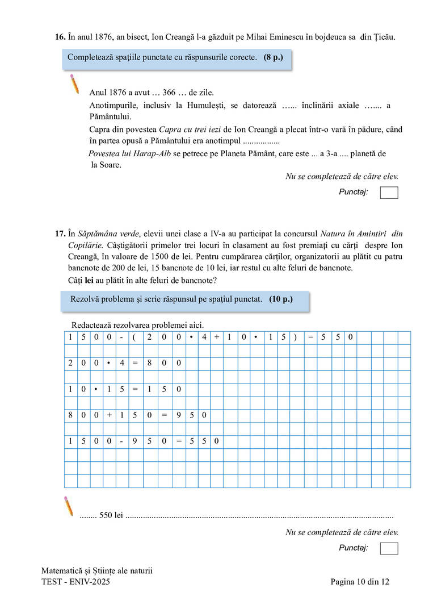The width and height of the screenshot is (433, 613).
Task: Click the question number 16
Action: pyautogui.click(x=60, y=37)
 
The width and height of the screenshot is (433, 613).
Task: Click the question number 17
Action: pyautogui.click(x=60, y=233)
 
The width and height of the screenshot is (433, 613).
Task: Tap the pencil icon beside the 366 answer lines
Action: pyautogui.click(x=74, y=84)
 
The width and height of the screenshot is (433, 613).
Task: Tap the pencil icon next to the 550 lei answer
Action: pyautogui.click(x=68, y=506)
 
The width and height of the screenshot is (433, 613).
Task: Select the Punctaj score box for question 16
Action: pyautogui.click(x=389, y=193)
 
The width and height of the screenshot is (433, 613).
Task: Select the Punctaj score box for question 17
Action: pyautogui.click(x=389, y=548)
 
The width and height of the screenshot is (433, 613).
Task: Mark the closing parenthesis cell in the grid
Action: pyautogui.click(x=296, y=337)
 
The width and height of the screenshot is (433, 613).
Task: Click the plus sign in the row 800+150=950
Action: pyautogui.click(x=110, y=416)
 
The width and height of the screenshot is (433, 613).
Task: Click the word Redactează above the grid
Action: pyautogui.click(x=93, y=325)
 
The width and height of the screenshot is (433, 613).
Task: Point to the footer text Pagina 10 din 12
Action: pyautogui.click(x=360, y=582)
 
